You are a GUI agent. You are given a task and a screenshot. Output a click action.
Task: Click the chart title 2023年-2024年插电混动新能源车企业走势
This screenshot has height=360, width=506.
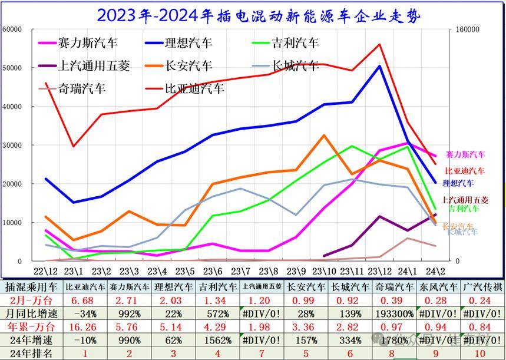[259, 15]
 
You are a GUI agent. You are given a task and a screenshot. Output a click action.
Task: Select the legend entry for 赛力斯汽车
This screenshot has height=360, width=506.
[88, 43]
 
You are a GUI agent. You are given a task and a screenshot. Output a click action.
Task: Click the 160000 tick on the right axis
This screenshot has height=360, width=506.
[463, 29]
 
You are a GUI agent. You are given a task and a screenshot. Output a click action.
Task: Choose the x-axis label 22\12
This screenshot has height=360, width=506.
[46, 272]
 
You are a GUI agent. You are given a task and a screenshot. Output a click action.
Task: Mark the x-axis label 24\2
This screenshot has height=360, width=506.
[434, 272]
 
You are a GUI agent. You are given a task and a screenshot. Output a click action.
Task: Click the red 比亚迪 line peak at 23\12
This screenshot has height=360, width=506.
[379, 44]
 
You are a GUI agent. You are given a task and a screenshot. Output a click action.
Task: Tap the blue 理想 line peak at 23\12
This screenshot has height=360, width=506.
[379, 66]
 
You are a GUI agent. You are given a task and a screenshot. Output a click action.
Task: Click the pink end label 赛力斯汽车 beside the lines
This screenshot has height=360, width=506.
[465, 155]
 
